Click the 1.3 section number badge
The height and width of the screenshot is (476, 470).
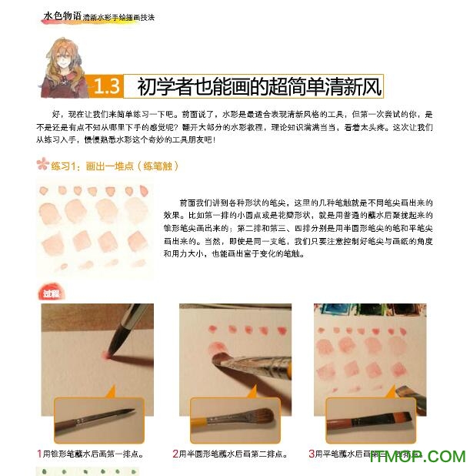106,85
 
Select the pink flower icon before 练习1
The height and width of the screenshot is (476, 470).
42,164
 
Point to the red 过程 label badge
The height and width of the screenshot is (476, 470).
50,293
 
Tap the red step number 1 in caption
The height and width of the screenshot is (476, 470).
39,454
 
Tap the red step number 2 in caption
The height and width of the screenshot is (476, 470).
176,454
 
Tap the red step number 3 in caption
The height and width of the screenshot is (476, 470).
311,454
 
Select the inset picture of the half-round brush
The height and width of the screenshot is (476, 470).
235,420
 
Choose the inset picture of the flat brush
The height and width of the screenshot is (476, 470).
370,420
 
